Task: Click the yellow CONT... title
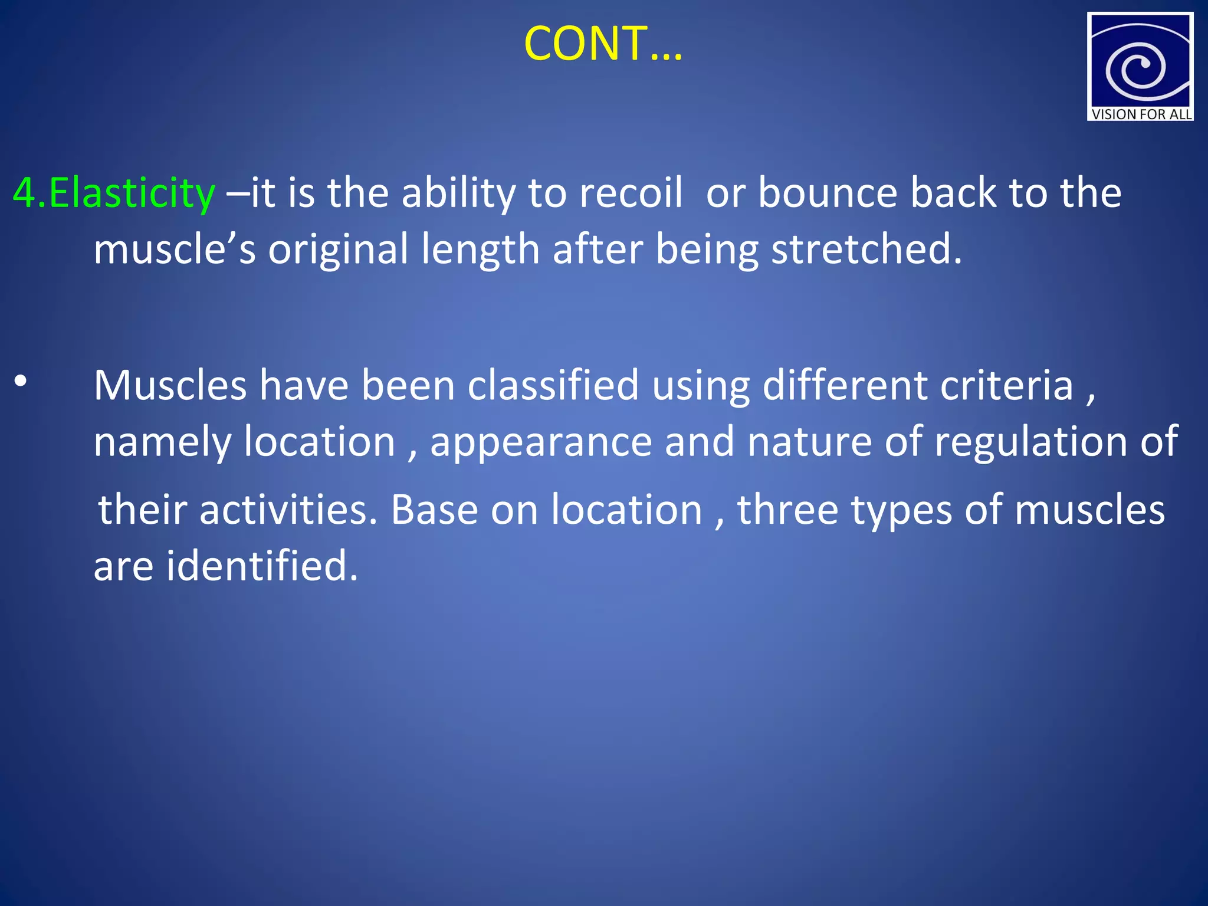[x=603, y=44]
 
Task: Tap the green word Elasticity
[x=132, y=193]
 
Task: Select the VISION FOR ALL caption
[x=1141, y=114]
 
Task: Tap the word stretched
[x=866, y=249]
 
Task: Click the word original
[x=338, y=249]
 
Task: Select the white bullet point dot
[x=21, y=382]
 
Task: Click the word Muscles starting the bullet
[x=170, y=385]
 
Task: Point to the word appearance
[x=541, y=442]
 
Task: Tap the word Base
[x=434, y=510]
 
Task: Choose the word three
[x=787, y=510]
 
